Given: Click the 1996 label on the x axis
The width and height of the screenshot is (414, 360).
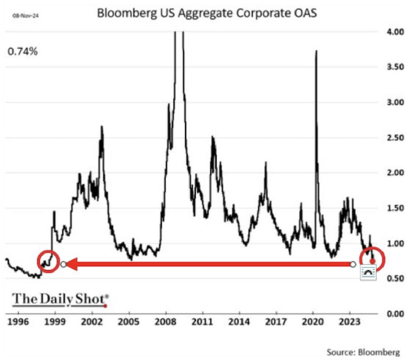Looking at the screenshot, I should click(x=17, y=322).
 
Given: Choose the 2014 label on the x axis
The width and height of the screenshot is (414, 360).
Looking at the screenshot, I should click(x=240, y=322).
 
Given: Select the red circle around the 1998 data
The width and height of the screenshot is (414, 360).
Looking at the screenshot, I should click(x=48, y=261).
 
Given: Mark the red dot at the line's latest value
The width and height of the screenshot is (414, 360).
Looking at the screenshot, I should click(x=372, y=261).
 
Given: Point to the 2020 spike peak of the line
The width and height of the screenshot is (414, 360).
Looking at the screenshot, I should click(x=316, y=51).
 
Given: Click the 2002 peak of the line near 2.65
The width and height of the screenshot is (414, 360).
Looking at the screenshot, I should click(x=102, y=127).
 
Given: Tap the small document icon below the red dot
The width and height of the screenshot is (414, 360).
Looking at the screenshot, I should click(x=368, y=273).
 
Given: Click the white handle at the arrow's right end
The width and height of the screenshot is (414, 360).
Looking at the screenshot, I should click(x=353, y=265).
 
